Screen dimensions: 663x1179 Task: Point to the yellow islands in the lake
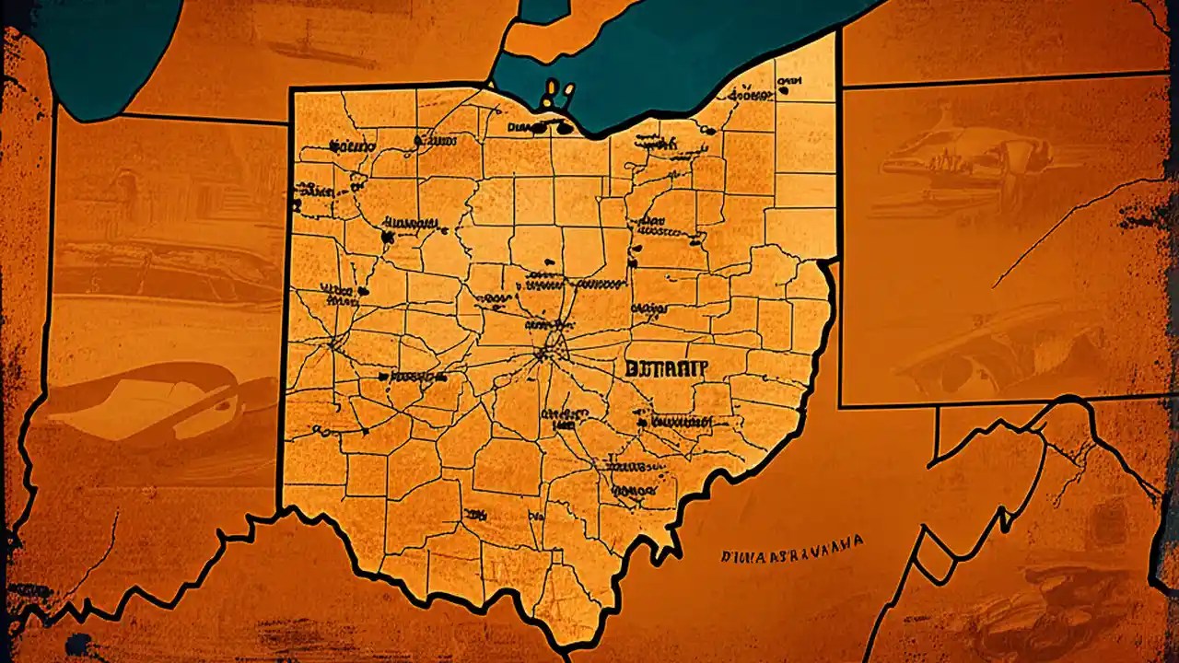coord(558,92)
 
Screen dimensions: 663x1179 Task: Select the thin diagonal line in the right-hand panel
coord(1068,230)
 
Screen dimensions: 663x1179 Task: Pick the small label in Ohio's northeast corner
coord(788,86)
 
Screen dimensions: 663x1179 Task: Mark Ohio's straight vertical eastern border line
coord(837,147)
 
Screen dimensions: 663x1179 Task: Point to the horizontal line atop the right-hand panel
coord(1004,80)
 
